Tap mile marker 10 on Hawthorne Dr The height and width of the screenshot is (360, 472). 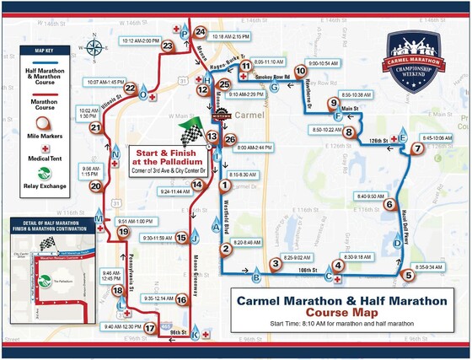pos(299,72)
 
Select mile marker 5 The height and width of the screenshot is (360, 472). pos(407,274)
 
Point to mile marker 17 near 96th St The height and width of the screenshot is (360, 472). pos(149,329)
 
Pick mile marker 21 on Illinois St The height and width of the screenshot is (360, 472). pos(95,128)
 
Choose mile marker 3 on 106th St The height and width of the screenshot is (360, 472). pos(275,264)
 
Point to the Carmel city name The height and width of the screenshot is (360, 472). pos(249,113)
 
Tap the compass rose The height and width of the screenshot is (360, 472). pos(98,49)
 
